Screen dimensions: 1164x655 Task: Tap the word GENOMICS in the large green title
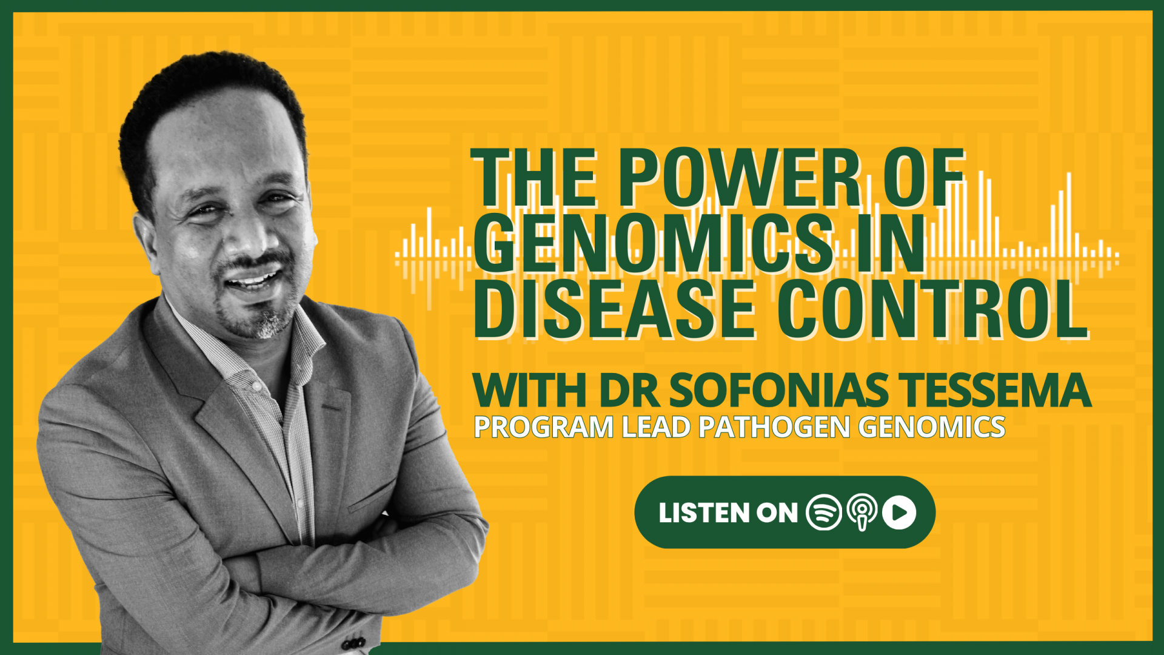(x=653, y=244)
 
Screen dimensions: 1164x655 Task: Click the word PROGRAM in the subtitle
(x=544, y=427)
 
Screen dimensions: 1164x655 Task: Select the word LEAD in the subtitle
(x=657, y=427)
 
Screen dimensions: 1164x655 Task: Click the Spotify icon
(x=823, y=512)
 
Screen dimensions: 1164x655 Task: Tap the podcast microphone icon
(x=861, y=512)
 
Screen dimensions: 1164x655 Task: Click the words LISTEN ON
(x=727, y=513)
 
